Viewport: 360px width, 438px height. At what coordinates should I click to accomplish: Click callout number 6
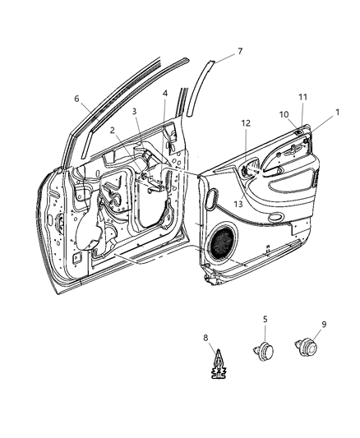click(x=77, y=99)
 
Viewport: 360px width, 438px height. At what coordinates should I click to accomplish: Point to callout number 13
click(x=238, y=203)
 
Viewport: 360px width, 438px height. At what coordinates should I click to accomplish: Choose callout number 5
click(x=265, y=318)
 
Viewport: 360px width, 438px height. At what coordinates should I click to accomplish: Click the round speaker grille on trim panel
click(x=223, y=244)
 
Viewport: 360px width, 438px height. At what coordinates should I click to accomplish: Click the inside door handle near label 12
click(x=247, y=170)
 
